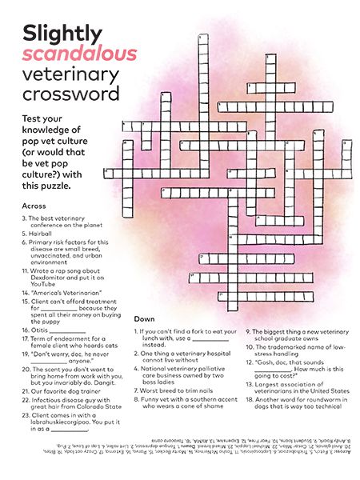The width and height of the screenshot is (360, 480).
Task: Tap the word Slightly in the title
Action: coord(63,33)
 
